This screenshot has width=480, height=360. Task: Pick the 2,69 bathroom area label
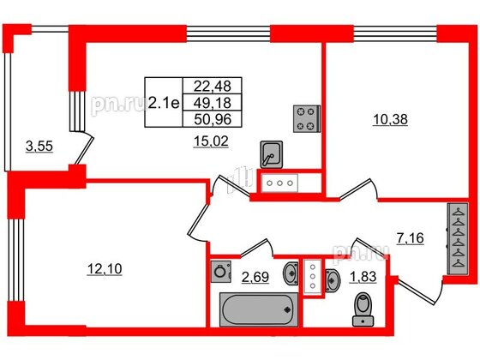coord(255,276)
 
